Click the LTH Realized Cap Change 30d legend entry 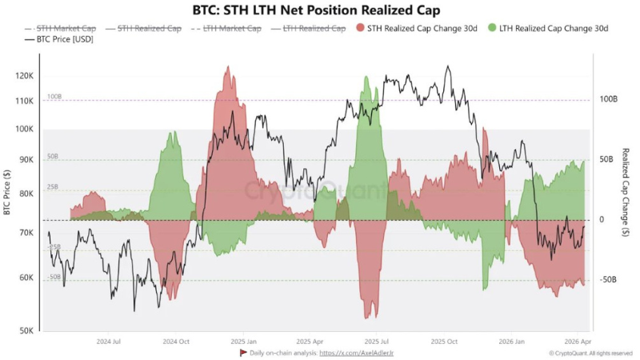(x=551, y=28)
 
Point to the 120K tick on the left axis (x=25, y=76)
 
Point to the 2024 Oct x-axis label (x=176, y=341)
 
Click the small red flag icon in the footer (x=243, y=352)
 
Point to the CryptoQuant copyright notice (x=590, y=352)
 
